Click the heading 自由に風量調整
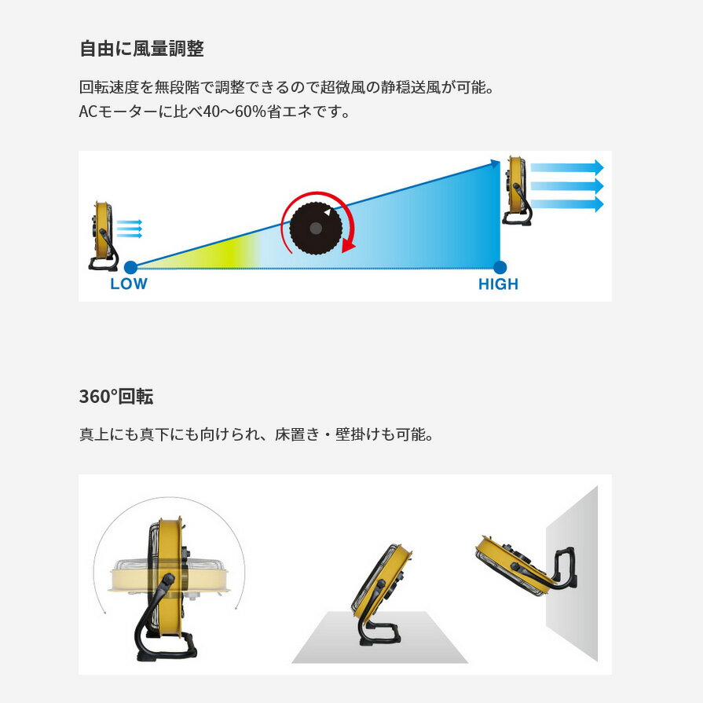point(141,49)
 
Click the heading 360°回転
point(116,396)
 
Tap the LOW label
point(128,284)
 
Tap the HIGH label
point(498,284)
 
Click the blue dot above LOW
point(130,267)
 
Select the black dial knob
point(316,227)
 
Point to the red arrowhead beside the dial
point(348,245)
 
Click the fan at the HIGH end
point(517,189)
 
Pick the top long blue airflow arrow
point(566,167)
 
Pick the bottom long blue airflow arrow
point(566,204)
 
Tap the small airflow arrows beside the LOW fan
point(130,229)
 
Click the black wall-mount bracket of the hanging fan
point(562,569)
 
